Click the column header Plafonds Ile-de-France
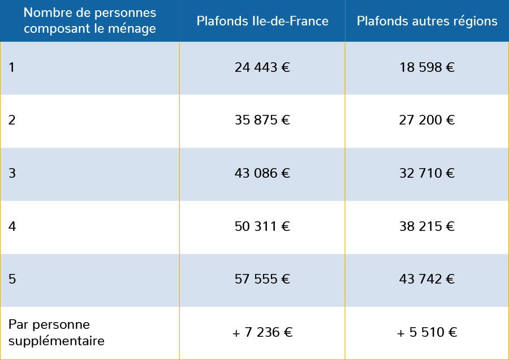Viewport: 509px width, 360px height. coord(262,22)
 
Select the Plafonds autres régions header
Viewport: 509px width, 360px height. coord(427,22)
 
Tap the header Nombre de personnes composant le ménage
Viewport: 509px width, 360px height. coord(90,21)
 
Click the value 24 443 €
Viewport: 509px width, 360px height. coord(262,68)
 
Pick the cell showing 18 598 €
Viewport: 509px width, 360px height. coord(427,68)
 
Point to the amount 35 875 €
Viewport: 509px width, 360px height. coord(262,121)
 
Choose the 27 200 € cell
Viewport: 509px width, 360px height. coord(427,121)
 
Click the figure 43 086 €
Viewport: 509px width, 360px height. coord(262,174)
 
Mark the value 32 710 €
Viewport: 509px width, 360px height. coord(427,174)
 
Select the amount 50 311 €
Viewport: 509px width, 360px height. coord(262,227)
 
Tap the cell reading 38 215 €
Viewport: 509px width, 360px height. coord(427,227)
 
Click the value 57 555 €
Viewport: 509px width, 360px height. coord(262,280)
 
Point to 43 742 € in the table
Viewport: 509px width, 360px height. coord(427,280)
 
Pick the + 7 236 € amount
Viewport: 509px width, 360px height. coord(262,333)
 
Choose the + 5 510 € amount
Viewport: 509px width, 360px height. coord(427,333)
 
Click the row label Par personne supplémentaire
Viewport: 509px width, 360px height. coord(57,333)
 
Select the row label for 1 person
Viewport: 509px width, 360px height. coord(12,68)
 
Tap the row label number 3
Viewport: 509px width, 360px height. coord(12,174)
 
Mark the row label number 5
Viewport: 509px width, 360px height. coord(12,280)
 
